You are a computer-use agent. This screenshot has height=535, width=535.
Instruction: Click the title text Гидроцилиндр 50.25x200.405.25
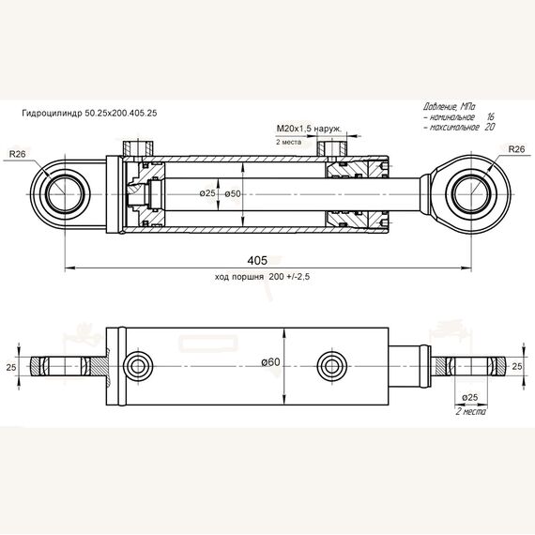coord(89,113)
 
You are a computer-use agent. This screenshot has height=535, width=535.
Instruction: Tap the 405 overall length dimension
coord(257,260)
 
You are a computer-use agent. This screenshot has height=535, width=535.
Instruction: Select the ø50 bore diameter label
coord(233,193)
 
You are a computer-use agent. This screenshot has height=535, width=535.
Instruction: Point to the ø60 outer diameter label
coord(270,362)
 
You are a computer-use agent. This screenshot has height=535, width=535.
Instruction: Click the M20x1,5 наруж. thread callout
coord(309,129)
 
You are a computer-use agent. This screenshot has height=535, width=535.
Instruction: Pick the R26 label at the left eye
coord(18,154)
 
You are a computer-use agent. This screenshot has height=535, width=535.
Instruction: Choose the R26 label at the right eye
coord(516,149)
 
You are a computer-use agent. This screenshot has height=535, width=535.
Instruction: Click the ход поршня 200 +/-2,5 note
coord(263,276)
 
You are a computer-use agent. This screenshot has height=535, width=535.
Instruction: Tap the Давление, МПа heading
coord(449,107)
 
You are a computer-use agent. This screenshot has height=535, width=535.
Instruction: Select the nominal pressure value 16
coord(490,117)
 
